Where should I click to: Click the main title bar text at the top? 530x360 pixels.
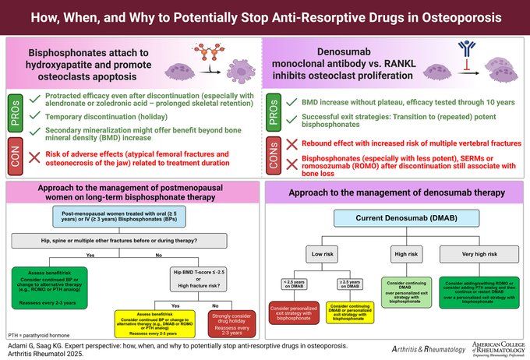265,16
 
